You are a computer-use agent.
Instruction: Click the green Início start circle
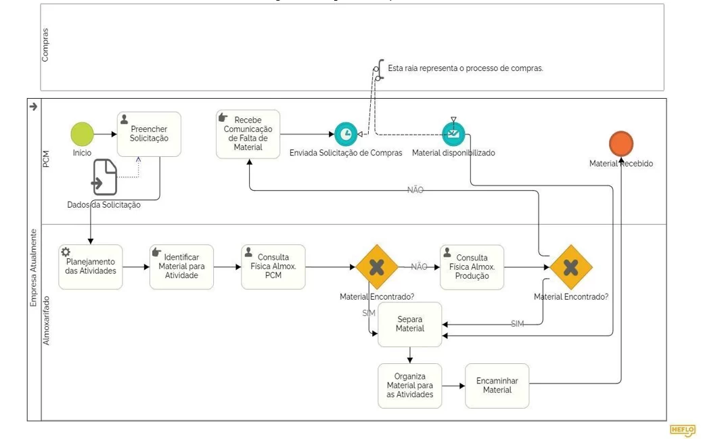point(83,134)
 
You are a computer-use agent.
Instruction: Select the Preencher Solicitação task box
point(149,134)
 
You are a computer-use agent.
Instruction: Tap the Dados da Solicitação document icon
point(105,177)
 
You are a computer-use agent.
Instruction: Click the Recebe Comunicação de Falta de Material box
point(248,134)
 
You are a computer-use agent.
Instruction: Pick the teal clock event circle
point(346,134)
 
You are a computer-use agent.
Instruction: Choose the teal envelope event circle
point(453,134)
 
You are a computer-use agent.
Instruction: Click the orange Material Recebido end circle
point(621,143)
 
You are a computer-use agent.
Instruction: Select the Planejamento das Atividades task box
point(90,267)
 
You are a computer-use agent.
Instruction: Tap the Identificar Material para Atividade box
point(181,267)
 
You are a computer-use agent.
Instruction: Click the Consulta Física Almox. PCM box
point(273,267)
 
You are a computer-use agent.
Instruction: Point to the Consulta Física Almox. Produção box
point(472,267)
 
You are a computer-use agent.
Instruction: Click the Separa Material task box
point(409,325)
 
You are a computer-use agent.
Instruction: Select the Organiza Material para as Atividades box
point(409,386)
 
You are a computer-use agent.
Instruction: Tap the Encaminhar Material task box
point(497,386)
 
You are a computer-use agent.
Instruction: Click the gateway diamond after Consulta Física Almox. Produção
point(571,267)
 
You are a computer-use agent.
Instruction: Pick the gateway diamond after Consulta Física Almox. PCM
point(377,267)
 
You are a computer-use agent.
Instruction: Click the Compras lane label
point(45,45)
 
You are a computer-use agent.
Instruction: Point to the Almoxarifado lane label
point(46,320)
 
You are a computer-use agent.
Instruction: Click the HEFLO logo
point(682,430)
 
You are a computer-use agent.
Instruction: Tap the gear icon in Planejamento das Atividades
point(66,252)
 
